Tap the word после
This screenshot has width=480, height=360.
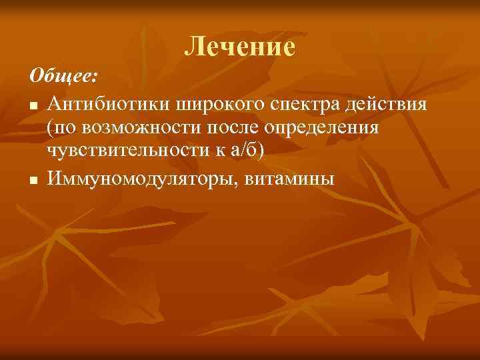[229, 128]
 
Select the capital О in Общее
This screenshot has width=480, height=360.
[36, 76]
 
